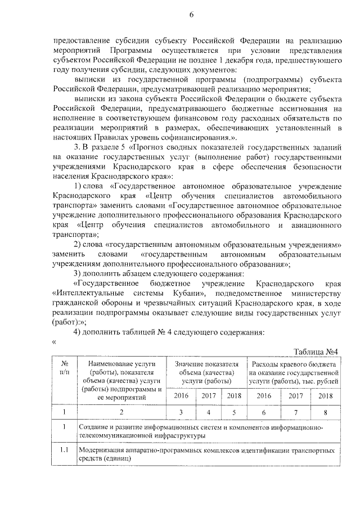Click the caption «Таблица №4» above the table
317,352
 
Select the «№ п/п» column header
65,368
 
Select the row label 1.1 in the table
65,451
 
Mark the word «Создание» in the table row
94,428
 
